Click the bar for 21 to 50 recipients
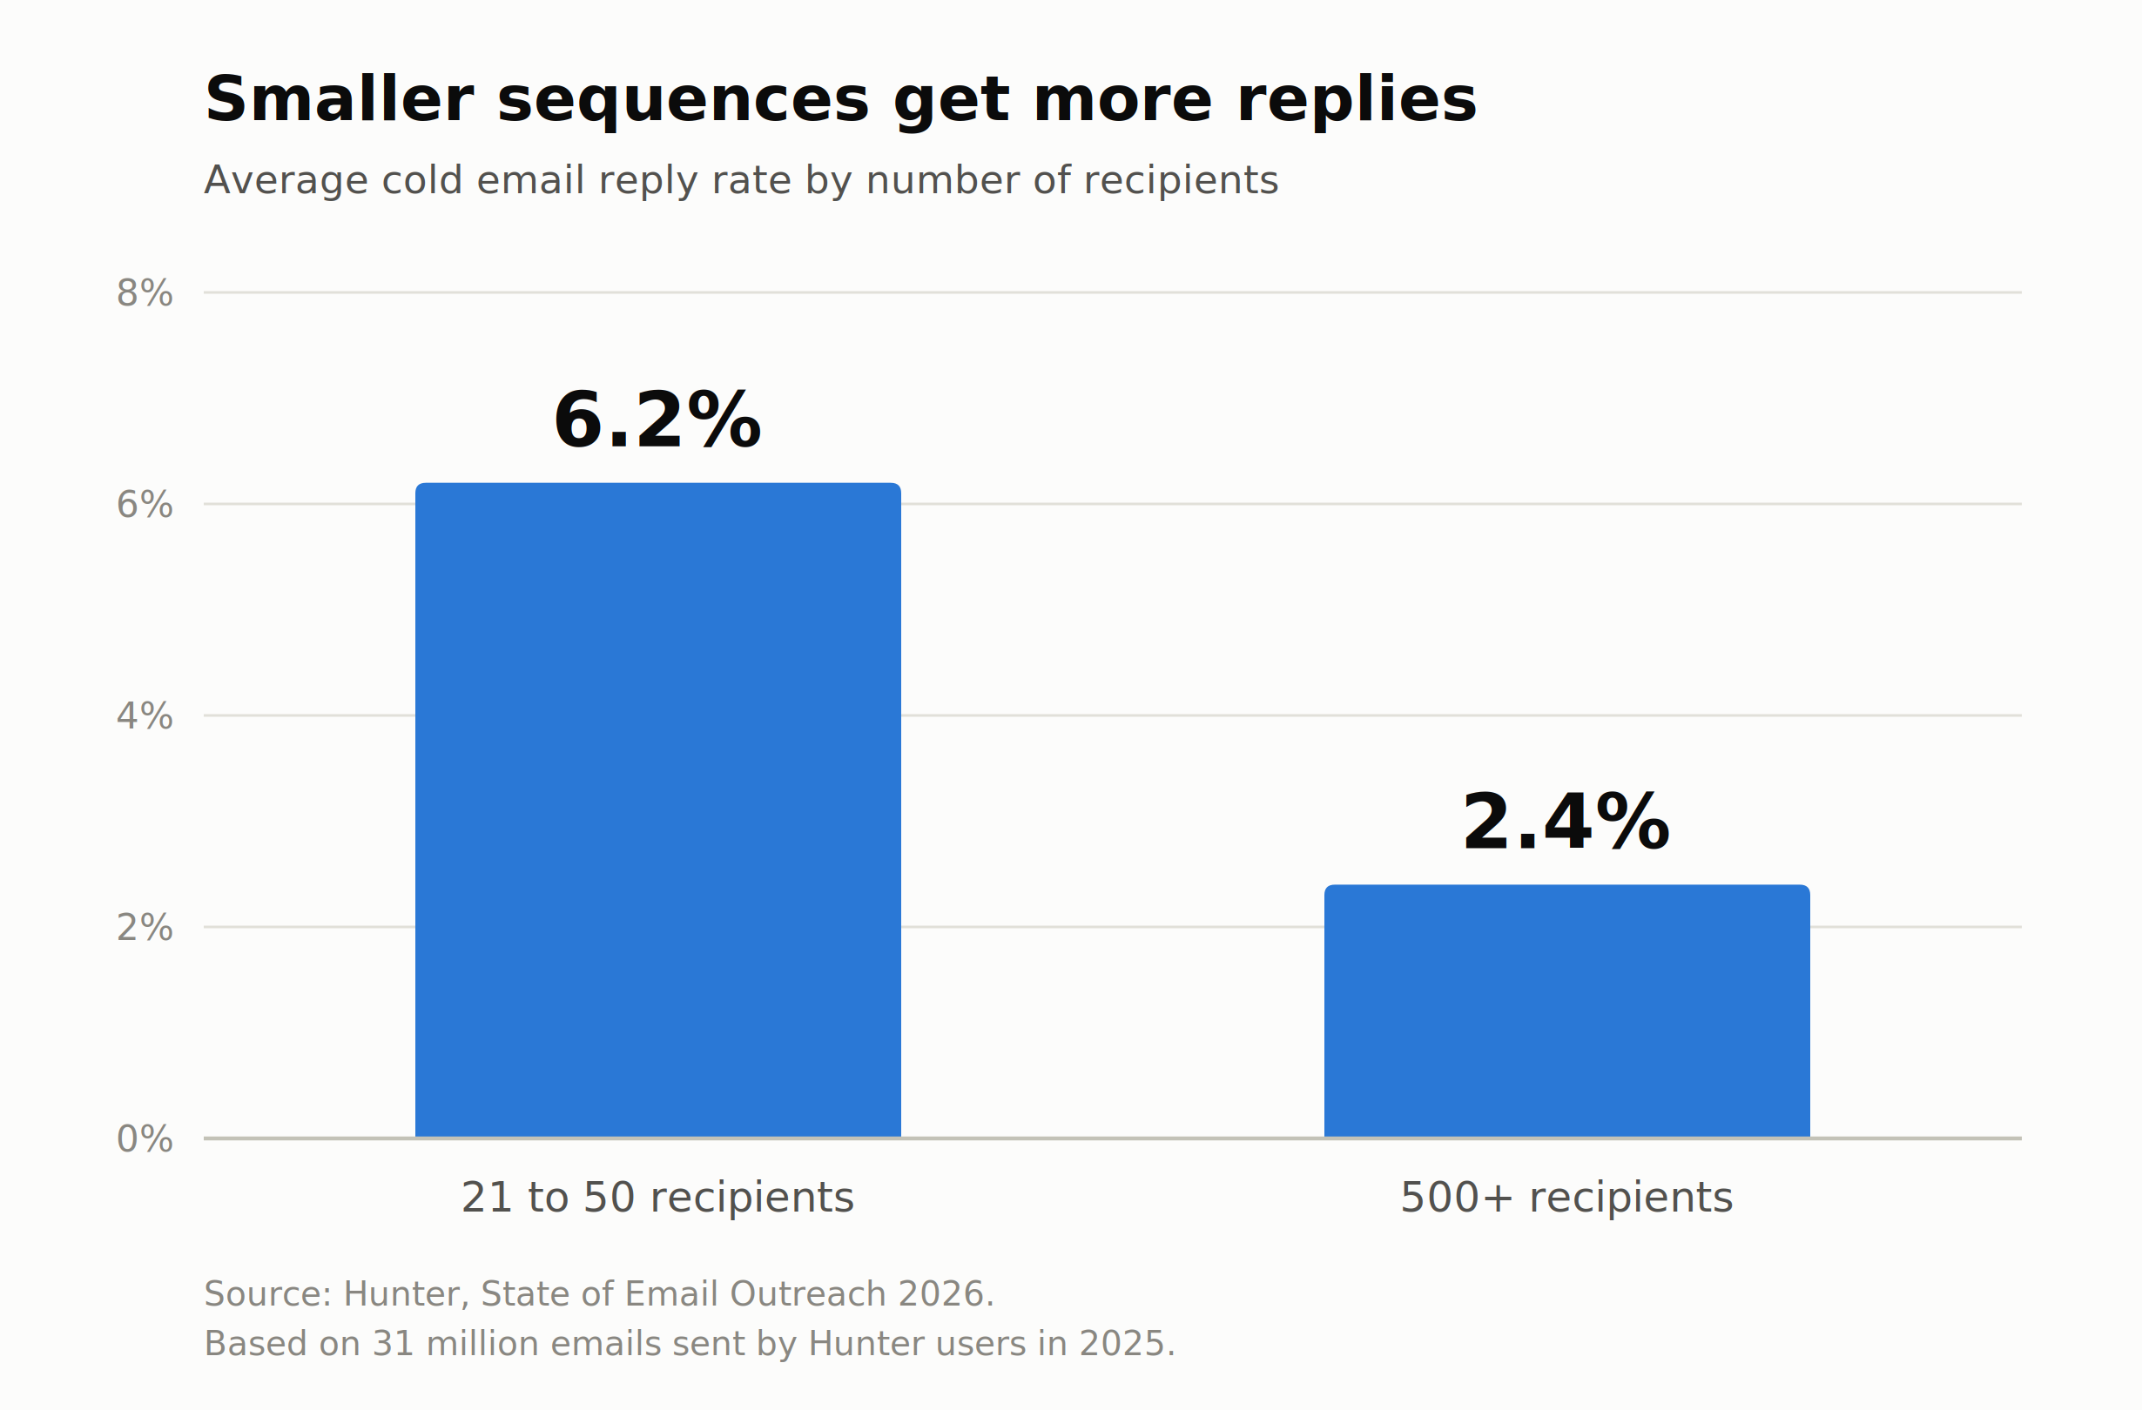point(658,809)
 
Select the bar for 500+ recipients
point(1567,1011)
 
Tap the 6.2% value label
point(658,420)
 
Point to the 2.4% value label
point(1567,822)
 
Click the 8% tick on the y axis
point(145,293)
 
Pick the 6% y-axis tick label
point(145,505)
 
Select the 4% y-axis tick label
point(145,716)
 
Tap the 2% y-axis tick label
point(145,928)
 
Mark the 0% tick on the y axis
point(145,1139)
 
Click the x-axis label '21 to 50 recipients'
point(658,1198)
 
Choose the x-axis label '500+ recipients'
point(1567,1198)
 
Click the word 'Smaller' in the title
point(340,99)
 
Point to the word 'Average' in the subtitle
point(286,182)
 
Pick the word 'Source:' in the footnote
point(268,1294)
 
